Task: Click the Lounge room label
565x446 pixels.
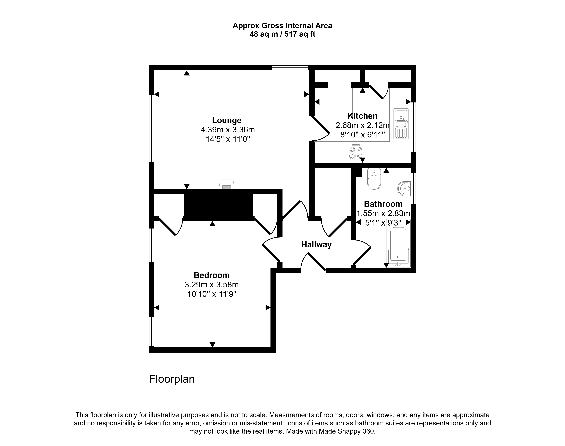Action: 227,120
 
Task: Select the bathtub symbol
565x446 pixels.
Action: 398,244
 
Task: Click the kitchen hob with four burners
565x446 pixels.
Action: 356,152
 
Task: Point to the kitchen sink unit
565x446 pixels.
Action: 401,124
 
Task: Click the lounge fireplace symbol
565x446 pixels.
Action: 227,185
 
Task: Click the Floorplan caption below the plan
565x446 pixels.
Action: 172,379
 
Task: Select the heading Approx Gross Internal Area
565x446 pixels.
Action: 282,26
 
